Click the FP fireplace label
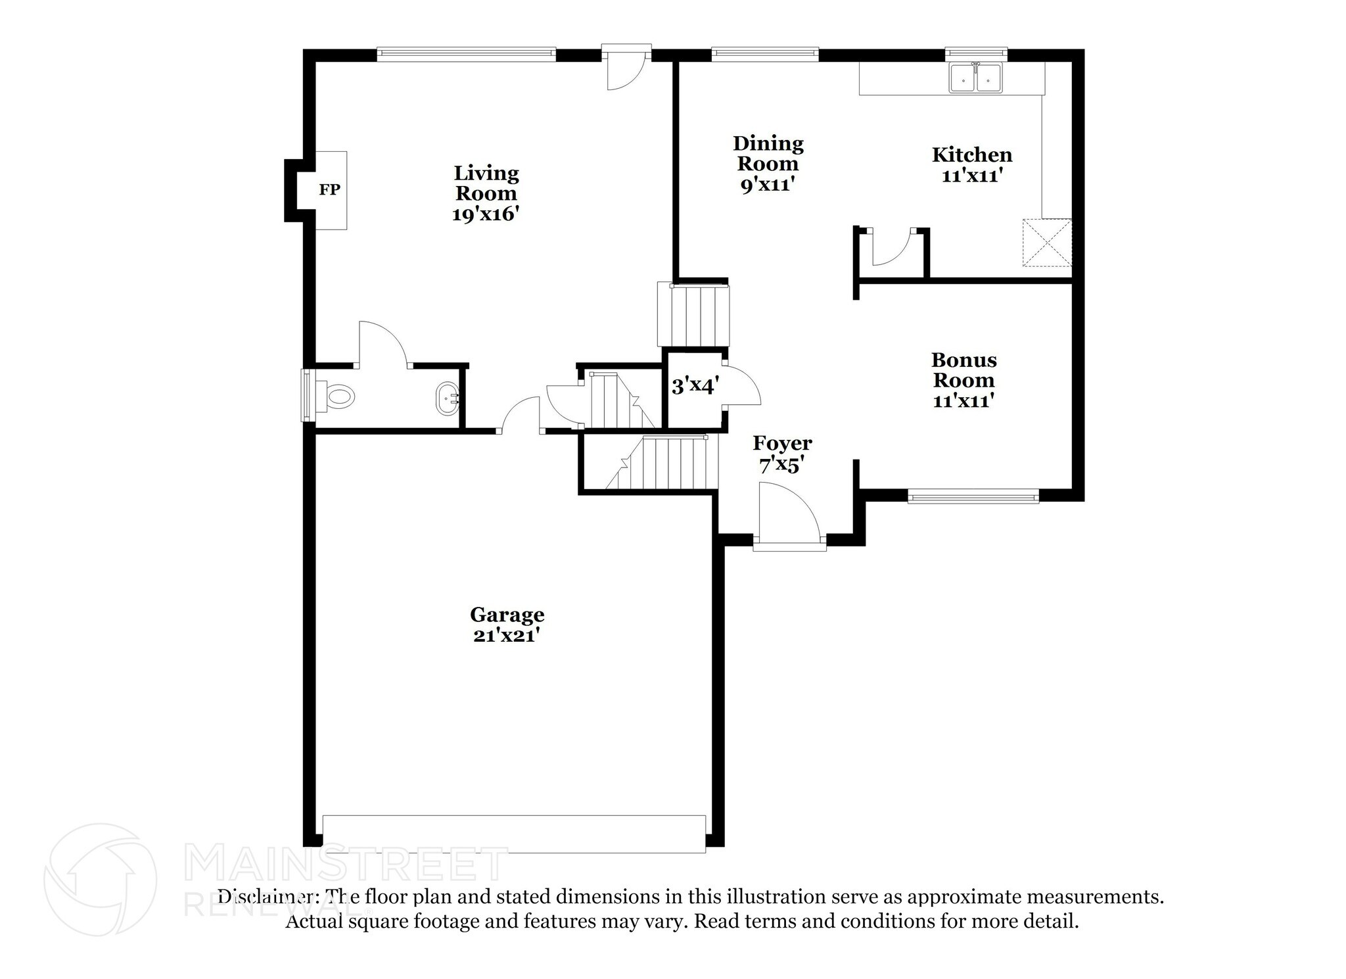point(329,190)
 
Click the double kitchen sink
point(975,79)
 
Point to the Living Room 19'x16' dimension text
point(486,214)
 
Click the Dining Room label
point(768,153)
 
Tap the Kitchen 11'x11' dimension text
point(971,176)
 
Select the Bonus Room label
point(963,370)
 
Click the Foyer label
point(782,443)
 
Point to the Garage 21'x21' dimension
point(506,636)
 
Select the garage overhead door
point(514,834)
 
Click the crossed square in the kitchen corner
point(1046,243)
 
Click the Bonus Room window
point(973,496)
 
